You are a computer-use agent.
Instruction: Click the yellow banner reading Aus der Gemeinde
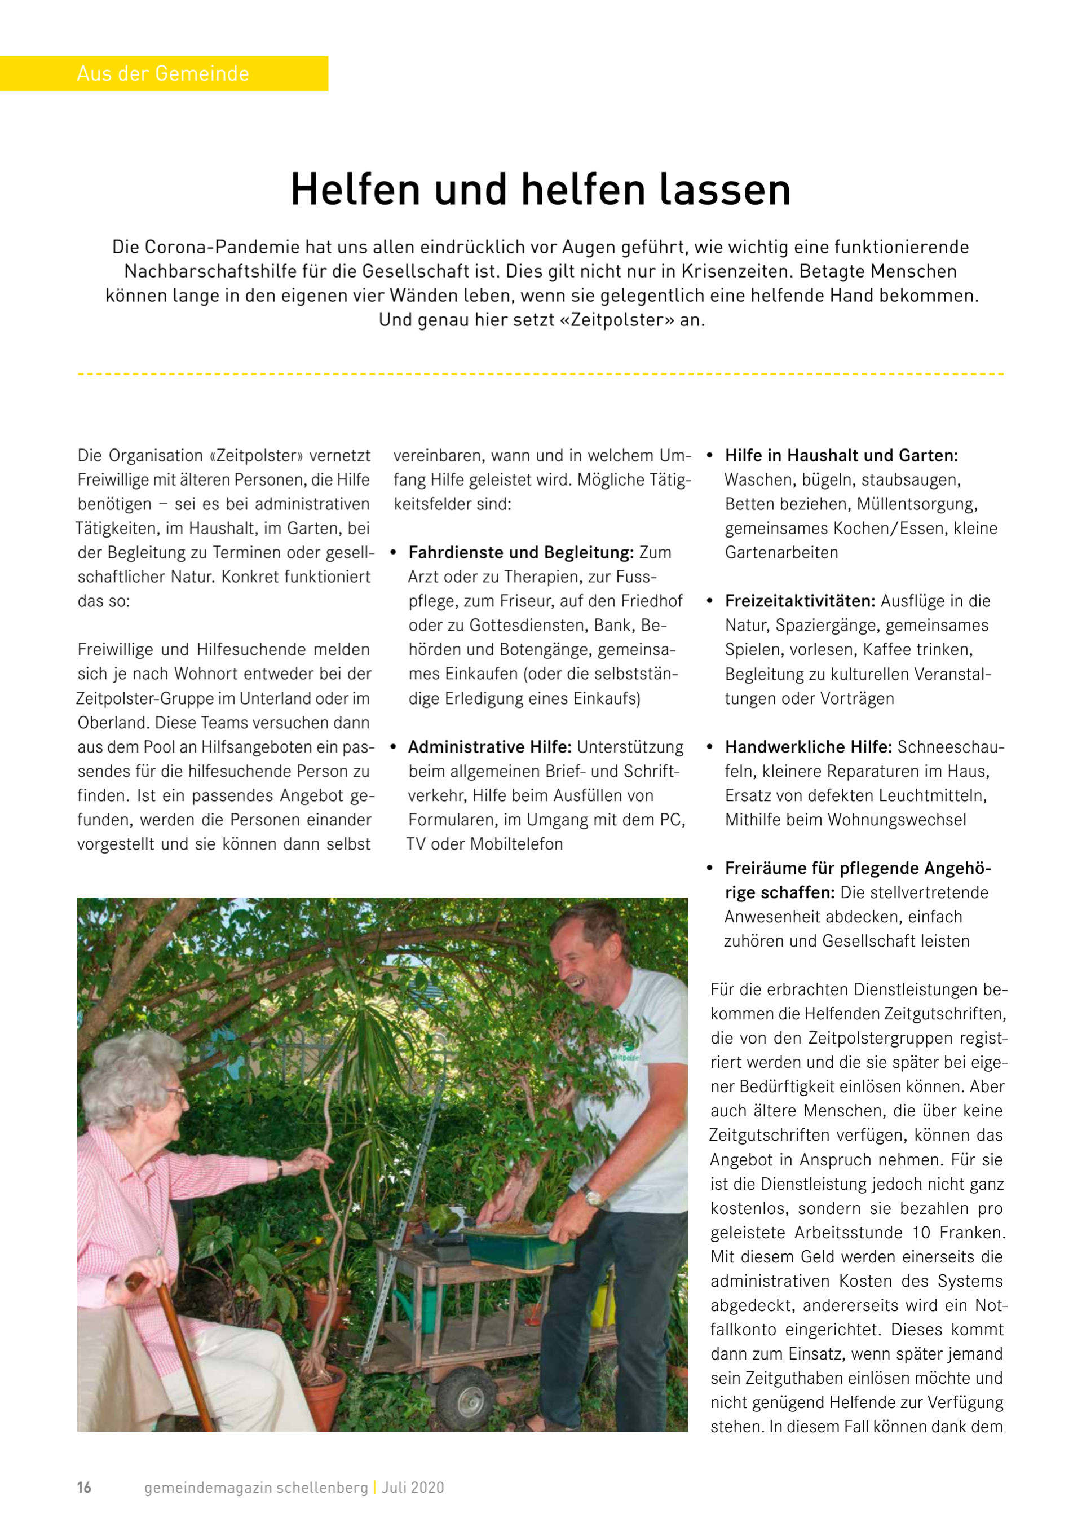pyautogui.click(x=164, y=73)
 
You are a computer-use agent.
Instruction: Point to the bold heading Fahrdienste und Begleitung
pyautogui.click(x=520, y=553)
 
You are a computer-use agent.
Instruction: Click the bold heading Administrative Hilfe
pyautogui.click(x=489, y=747)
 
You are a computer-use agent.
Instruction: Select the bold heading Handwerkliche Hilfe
pyautogui.click(x=808, y=747)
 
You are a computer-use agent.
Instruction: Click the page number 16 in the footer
pyautogui.click(x=84, y=1488)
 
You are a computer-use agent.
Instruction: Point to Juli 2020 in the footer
pyautogui.click(x=413, y=1488)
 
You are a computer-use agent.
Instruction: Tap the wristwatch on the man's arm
pyautogui.click(x=592, y=1195)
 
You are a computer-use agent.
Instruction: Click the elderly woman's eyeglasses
pyautogui.click(x=175, y=1094)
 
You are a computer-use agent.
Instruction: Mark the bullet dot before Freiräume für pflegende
pyautogui.click(x=710, y=868)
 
